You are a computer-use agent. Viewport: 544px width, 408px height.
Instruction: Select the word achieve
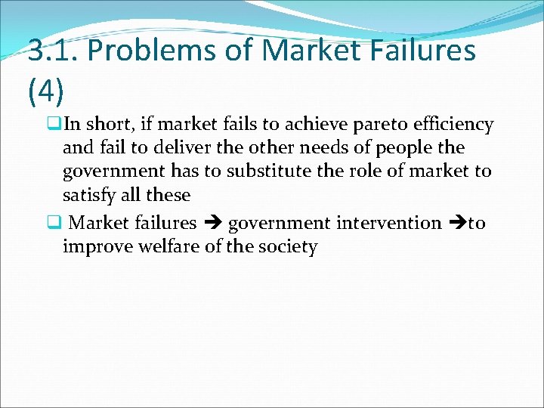[284, 124]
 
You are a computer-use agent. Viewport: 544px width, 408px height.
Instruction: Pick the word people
[394, 147]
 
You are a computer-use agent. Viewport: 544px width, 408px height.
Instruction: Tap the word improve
[96, 246]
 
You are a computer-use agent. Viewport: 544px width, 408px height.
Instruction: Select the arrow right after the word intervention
[457, 223]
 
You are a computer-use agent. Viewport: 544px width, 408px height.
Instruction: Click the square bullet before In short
[54, 124]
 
